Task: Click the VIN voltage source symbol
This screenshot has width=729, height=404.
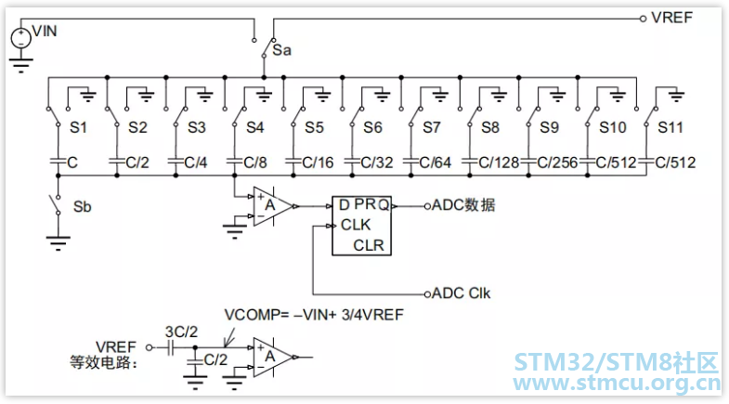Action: (21, 38)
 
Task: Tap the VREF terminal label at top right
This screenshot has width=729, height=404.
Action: (671, 18)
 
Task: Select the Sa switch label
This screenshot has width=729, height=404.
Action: (281, 50)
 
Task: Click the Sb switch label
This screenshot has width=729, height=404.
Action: (83, 206)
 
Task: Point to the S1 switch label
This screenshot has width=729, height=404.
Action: (78, 127)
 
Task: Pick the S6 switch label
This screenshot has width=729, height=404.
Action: (372, 127)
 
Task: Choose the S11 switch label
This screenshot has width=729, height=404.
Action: (670, 127)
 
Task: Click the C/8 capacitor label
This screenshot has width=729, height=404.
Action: (254, 163)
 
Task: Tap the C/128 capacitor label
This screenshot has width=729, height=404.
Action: (499, 163)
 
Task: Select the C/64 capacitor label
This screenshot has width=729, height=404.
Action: (435, 163)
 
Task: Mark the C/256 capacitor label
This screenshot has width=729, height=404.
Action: (557, 163)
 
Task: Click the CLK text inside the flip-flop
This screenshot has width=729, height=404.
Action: (356, 225)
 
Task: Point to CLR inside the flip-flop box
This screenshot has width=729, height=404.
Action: (369, 245)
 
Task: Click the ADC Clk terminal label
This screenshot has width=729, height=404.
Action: (461, 293)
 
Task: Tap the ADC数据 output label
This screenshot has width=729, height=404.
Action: (463, 205)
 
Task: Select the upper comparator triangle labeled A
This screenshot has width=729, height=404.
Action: (272, 206)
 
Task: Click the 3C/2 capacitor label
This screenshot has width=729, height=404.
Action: (181, 332)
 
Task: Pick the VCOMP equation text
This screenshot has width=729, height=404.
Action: (314, 315)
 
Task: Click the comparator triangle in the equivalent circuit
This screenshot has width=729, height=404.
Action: (272, 358)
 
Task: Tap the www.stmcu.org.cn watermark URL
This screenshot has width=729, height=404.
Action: (617, 383)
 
